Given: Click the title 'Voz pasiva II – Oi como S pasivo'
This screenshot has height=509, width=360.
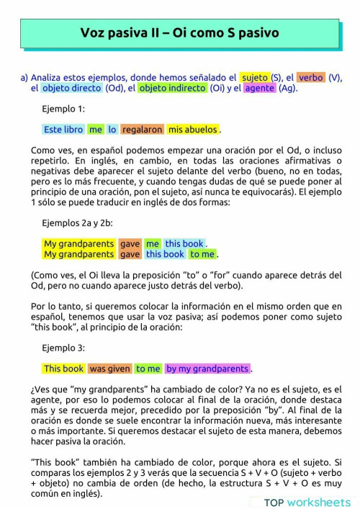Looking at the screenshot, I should tap(179, 33).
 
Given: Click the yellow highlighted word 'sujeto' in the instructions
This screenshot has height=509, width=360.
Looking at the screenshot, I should tap(255, 77).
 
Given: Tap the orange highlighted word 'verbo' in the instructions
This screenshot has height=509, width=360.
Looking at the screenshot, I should tap(311, 77).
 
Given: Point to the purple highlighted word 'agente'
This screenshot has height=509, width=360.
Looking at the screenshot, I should tap(259, 89).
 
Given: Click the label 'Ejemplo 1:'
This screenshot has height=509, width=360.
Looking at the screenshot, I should tap(63, 109).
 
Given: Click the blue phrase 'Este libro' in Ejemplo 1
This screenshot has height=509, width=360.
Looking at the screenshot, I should tap(63, 130).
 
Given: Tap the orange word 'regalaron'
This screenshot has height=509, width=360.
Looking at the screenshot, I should tap(142, 130).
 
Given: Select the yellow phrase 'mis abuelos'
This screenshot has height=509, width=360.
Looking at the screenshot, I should tap(192, 130).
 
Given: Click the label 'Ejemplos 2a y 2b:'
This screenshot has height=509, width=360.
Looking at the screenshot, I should tap(78, 223).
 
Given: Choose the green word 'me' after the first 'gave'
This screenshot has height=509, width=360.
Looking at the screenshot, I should tap(152, 244).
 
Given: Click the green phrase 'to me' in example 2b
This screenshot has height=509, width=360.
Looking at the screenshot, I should tap(202, 254).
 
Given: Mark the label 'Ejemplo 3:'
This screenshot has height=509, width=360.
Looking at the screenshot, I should tap(63, 348).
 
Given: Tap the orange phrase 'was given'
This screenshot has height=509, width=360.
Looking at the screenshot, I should tap(109, 369).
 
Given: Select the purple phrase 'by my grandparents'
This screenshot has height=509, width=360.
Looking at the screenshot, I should tap(207, 369).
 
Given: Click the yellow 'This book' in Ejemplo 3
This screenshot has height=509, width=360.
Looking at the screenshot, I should tap(64, 369).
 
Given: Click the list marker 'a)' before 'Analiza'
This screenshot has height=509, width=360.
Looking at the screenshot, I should tap(24, 77).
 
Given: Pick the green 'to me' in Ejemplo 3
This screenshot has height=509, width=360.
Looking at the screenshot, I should tap(148, 369).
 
